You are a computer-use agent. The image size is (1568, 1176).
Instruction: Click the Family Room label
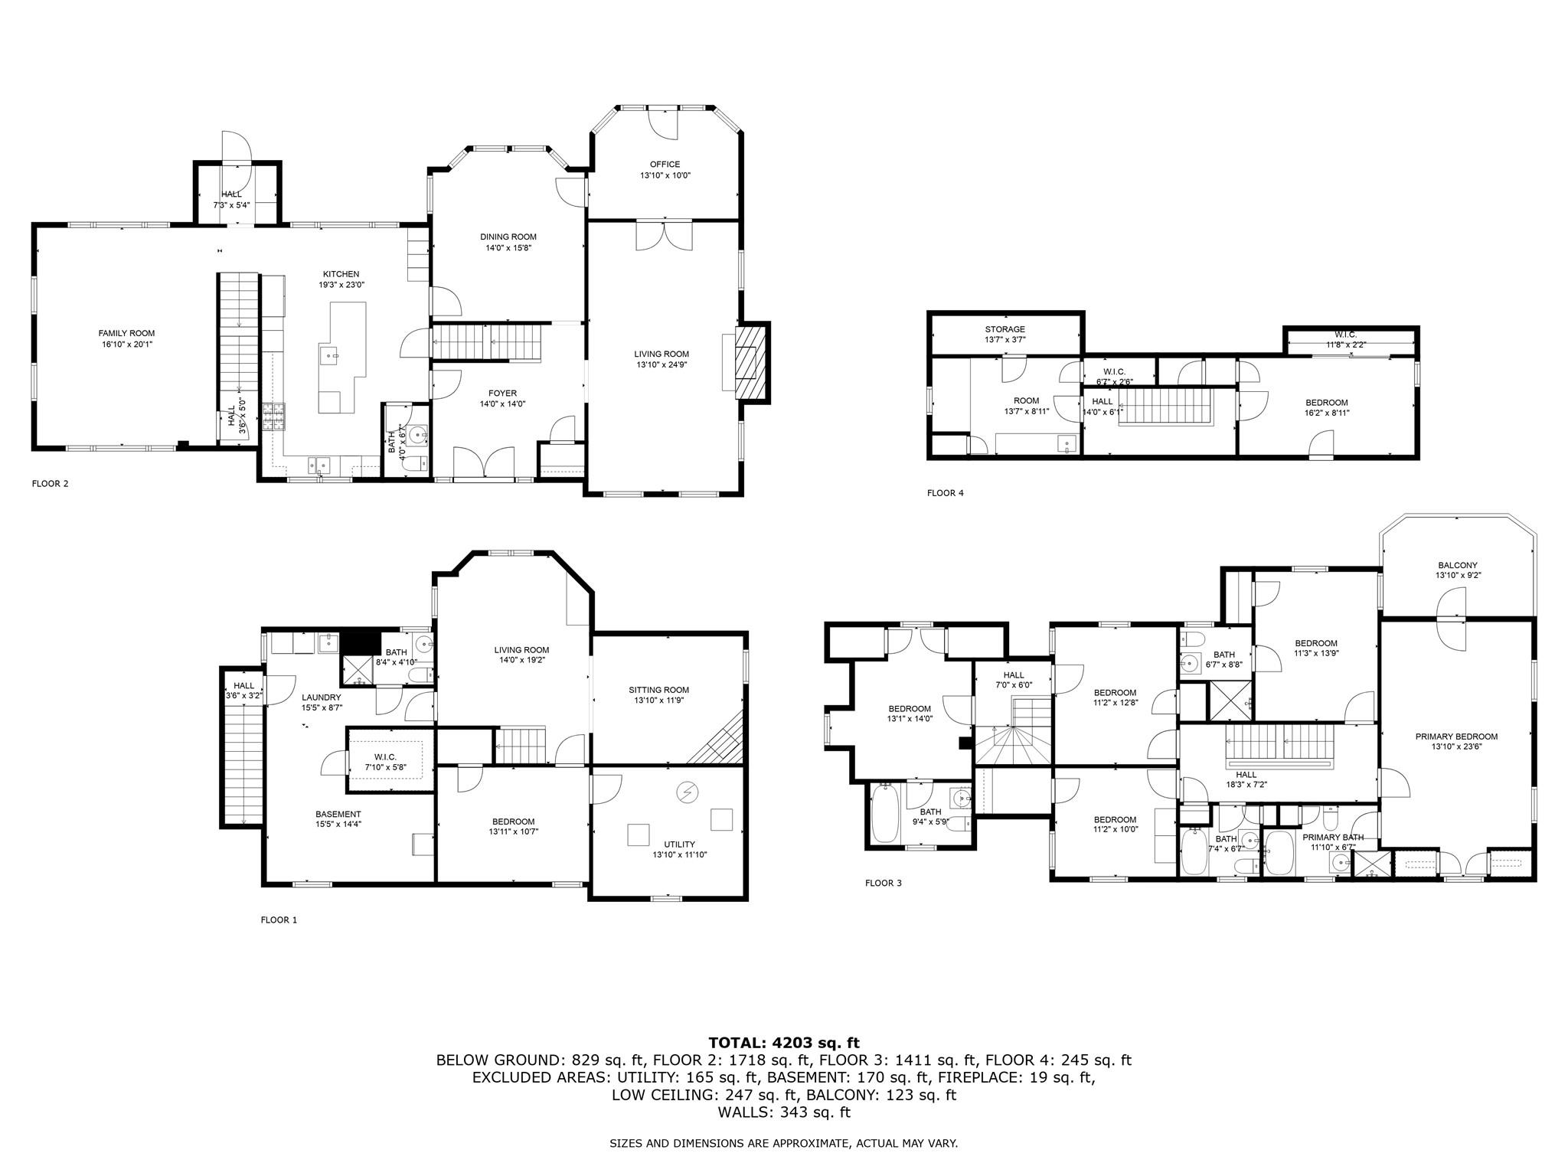126,333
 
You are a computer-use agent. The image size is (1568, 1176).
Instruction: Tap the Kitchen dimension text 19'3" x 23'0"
341,285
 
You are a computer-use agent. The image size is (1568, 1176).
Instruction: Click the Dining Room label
508,237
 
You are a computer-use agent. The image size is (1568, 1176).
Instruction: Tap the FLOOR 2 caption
50,484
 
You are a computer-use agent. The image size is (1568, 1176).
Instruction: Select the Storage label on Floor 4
1004,329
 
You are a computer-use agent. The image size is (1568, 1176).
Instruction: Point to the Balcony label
1457,565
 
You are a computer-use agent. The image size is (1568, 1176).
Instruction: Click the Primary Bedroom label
1456,737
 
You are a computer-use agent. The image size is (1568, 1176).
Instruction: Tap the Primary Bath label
1332,838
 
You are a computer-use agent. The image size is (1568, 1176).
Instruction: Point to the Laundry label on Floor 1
321,697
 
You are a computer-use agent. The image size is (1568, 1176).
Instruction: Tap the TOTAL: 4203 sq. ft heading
783,1043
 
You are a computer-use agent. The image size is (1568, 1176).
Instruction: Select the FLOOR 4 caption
945,493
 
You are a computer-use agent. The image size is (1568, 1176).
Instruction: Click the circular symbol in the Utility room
688,792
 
